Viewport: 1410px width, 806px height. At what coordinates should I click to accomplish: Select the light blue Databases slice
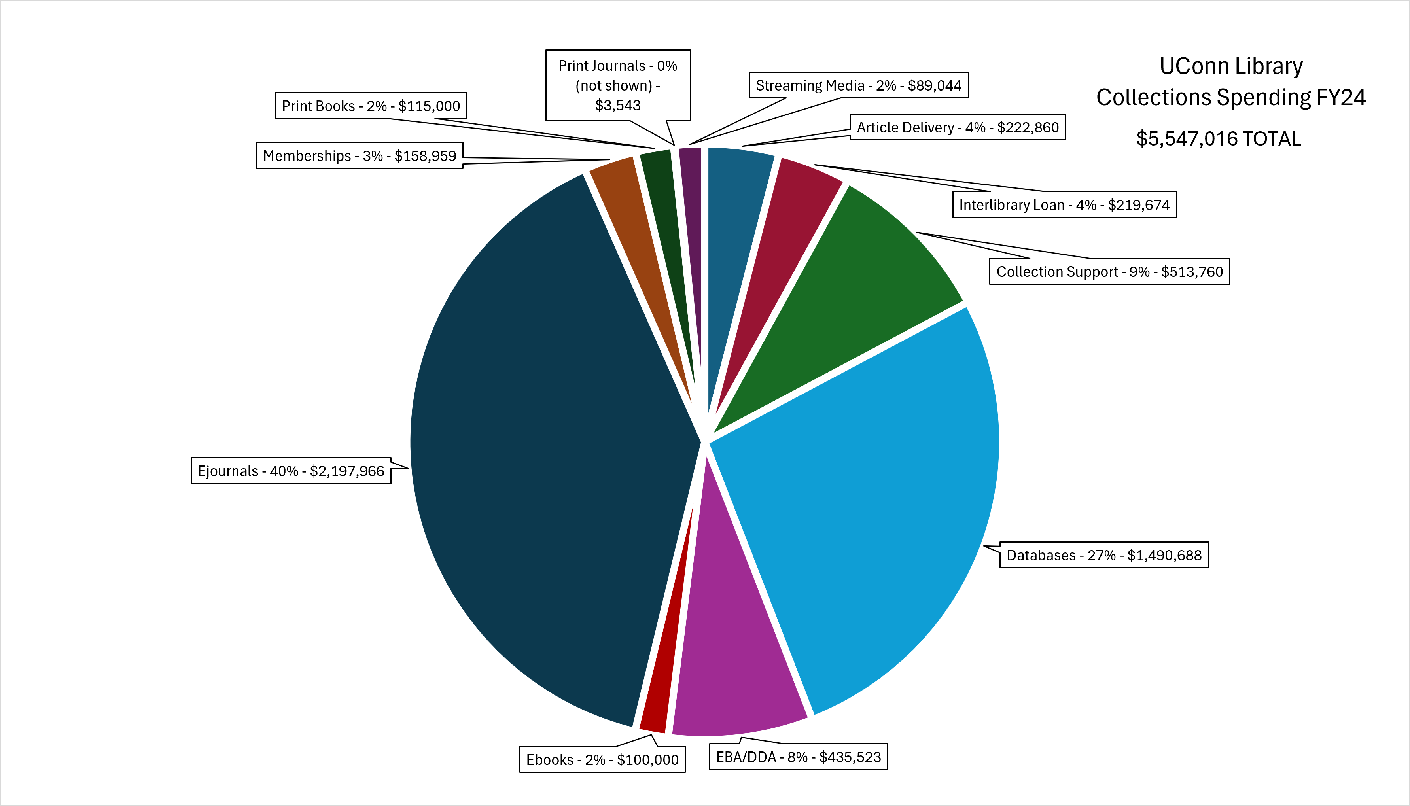point(864,498)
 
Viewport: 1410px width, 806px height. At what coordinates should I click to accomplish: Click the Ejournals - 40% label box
point(291,471)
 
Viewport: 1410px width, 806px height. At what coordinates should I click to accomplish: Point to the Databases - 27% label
point(1104,555)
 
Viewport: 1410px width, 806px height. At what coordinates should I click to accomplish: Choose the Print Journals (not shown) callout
point(618,85)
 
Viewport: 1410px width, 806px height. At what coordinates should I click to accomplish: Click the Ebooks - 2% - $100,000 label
point(602,759)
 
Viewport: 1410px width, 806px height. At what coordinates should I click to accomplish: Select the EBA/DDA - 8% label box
point(798,757)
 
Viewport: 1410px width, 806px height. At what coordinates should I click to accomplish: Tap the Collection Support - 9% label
point(1109,272)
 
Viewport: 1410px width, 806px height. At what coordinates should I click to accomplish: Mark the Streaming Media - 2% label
point(859,85)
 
